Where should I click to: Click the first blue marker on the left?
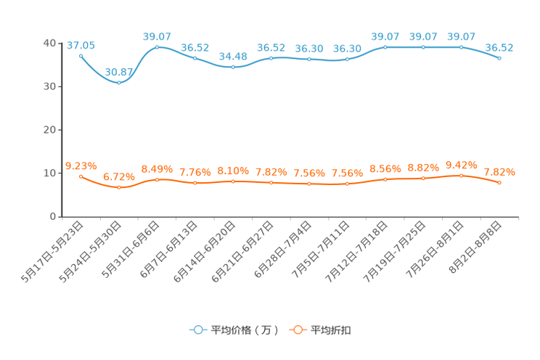81,55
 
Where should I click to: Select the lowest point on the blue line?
119,82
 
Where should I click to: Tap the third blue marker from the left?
157,47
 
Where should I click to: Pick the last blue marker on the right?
499,58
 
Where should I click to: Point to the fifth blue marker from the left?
232,67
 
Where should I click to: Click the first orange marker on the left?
81,176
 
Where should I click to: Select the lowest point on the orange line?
119,188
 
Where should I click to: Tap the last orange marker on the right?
499,183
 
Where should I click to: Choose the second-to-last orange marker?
461,175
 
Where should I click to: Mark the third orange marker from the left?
157,179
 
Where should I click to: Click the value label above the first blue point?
81,45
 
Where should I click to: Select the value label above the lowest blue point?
119,71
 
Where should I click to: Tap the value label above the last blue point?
499,48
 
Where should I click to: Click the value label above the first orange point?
81,165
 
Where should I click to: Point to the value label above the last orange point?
499,172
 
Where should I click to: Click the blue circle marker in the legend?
197,330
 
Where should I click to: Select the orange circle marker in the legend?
297,330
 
